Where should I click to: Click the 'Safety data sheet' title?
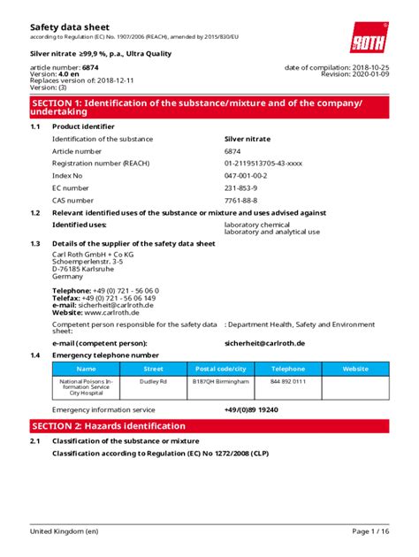click(71, 27)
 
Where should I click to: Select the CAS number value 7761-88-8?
click(241, 201)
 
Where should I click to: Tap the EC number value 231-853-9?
click(241, 188)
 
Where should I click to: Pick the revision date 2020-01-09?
click(371, 75)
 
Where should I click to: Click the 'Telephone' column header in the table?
click(288, 369)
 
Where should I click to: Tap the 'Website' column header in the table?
click(355, 369)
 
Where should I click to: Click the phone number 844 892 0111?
click(288, 381)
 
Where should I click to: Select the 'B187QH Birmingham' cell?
click(221, 381)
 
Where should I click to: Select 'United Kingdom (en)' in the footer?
click(64, 530)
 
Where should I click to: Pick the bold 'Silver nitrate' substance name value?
click(247, 139)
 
